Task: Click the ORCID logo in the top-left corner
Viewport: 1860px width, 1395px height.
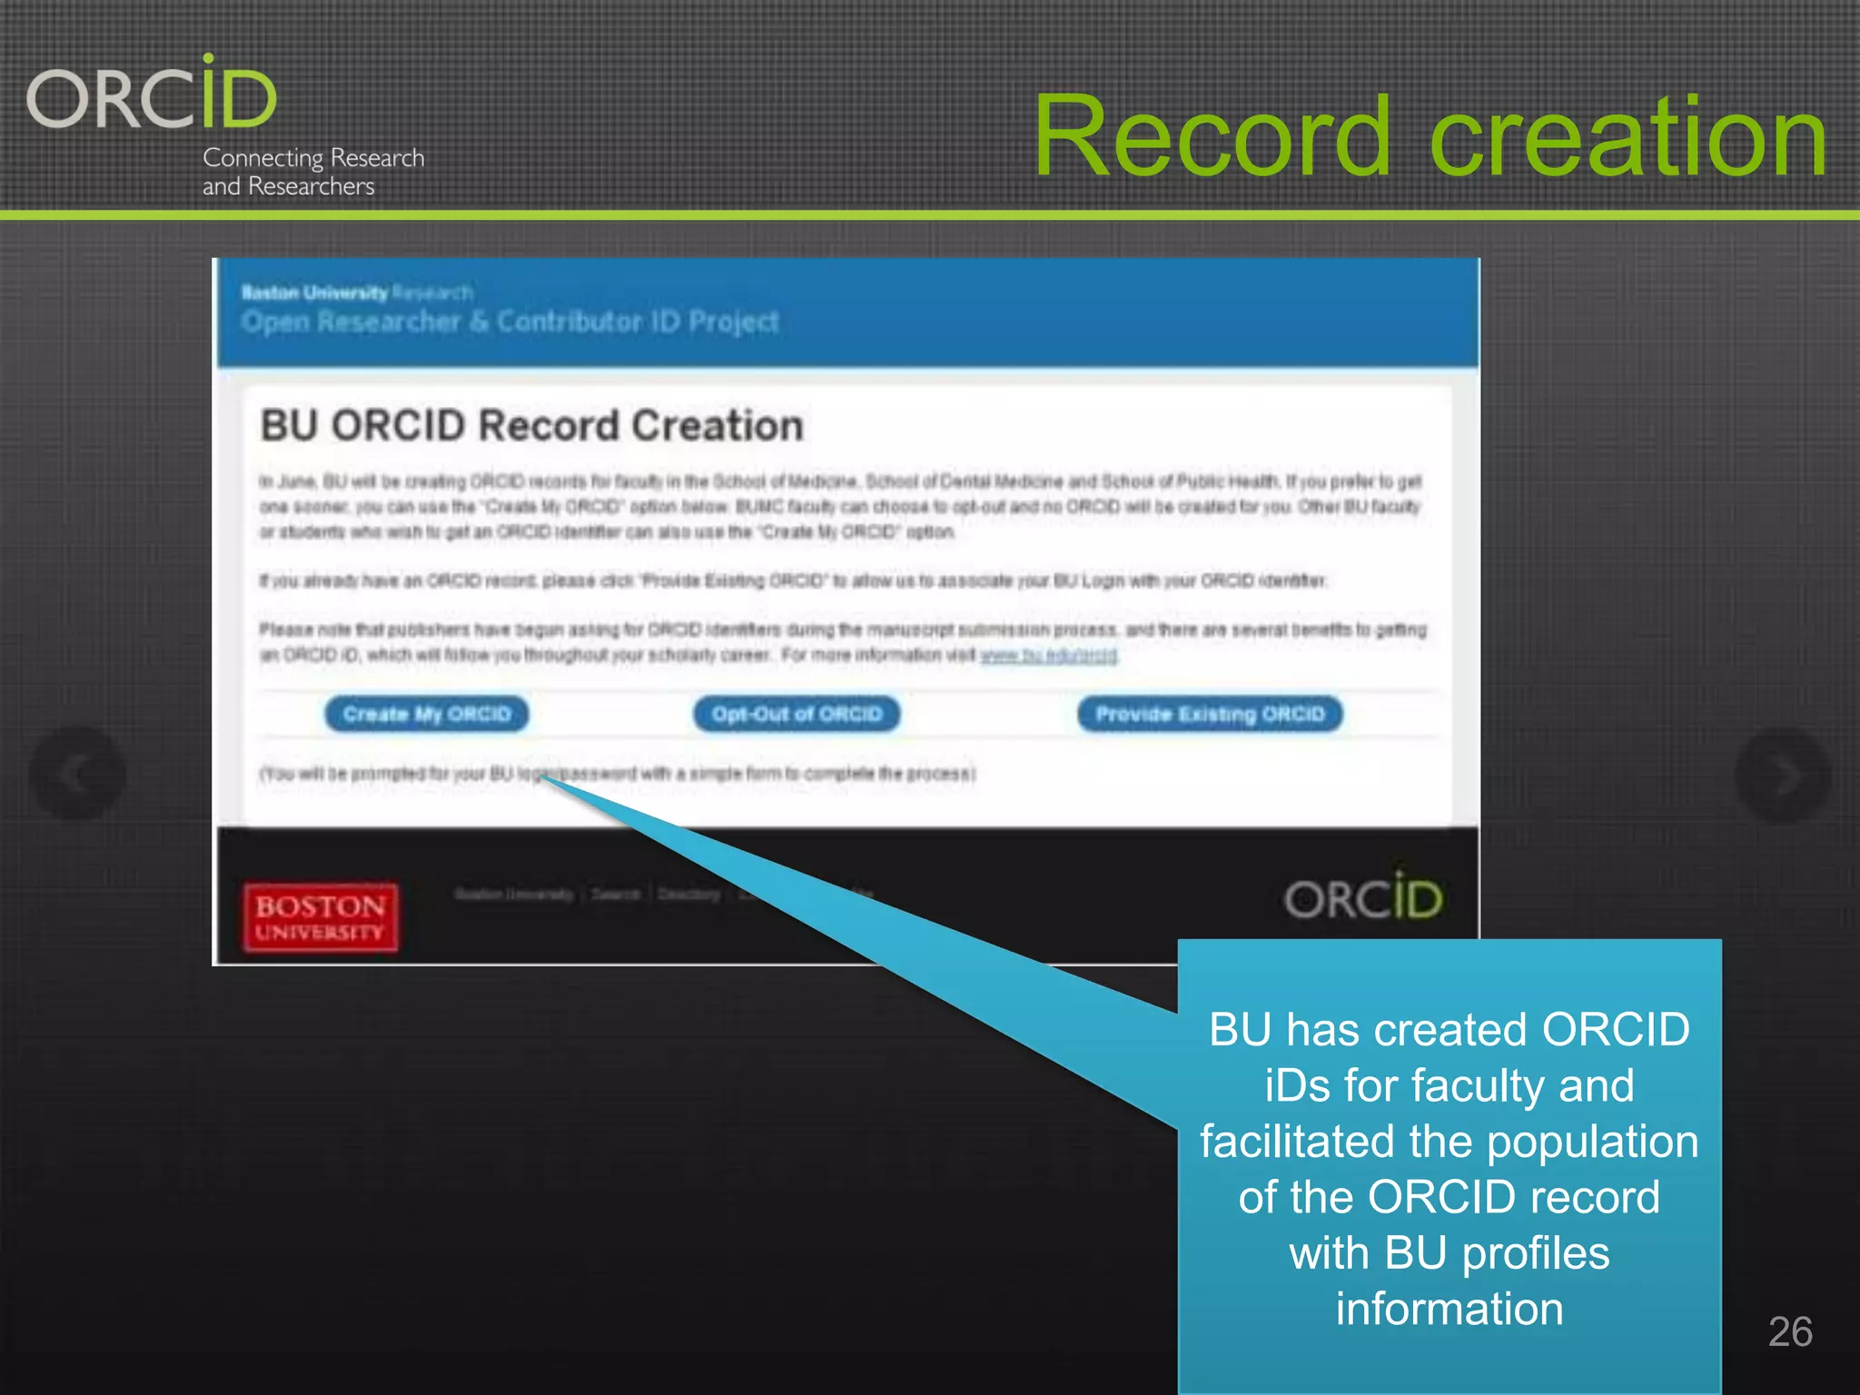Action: pos(152,94)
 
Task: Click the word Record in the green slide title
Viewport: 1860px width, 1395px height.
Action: pos(1212,137)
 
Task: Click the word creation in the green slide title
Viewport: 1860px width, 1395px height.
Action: pos(1628,137)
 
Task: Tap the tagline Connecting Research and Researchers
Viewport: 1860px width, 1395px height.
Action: pos(312,172)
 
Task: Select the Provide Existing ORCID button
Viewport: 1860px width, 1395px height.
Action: pos(1210,714)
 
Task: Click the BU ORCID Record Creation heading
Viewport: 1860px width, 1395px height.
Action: pos(531,426)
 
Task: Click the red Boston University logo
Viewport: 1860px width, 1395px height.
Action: pos(320,917)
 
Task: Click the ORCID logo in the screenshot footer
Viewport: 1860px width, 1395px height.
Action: pos(1362,898)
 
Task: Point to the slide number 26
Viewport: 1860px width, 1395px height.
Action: pos(1789,1331)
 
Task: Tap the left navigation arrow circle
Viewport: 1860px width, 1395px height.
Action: pos(77,775)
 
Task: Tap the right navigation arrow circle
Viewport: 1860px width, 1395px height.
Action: pos(1782,775)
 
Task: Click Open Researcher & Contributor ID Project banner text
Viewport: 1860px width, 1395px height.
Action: pos(510,322)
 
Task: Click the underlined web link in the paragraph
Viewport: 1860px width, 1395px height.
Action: pos(1048,655)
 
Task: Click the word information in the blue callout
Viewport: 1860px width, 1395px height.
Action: pos(1449,1309)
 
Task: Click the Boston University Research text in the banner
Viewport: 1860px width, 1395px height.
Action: pos(356,292)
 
